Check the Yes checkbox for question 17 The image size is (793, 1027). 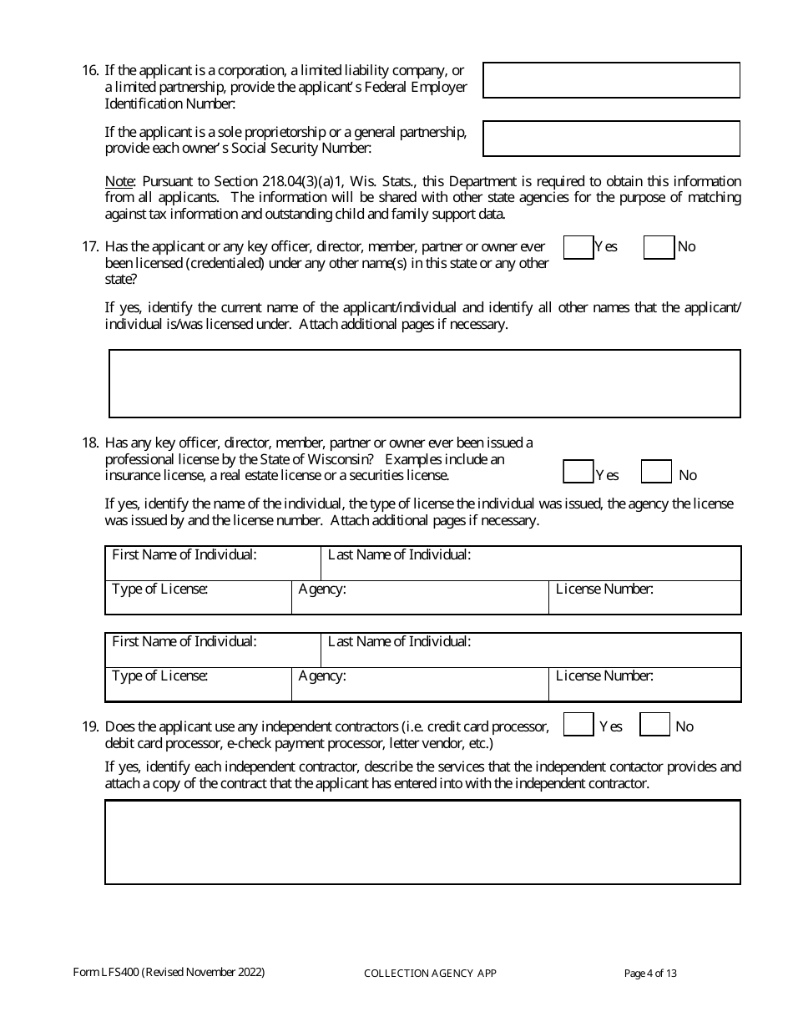578,247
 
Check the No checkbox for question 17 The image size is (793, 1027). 659,247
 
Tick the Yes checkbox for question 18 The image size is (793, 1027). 578,472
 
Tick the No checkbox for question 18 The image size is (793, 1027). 656,472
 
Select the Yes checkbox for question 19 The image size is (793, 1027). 578,724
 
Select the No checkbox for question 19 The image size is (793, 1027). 654,724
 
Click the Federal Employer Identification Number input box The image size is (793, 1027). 611,80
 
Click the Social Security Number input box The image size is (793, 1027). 611,139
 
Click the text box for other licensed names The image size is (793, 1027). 425,383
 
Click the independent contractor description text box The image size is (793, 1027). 422,842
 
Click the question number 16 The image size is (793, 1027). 90,71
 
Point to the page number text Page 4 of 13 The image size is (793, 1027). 650,973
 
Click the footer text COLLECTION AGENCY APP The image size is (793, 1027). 430,974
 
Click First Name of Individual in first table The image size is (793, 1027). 213,564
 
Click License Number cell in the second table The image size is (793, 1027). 644,685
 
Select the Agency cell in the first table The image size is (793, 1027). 420,598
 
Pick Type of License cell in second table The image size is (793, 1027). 198,685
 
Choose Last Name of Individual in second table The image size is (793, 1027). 531,650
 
